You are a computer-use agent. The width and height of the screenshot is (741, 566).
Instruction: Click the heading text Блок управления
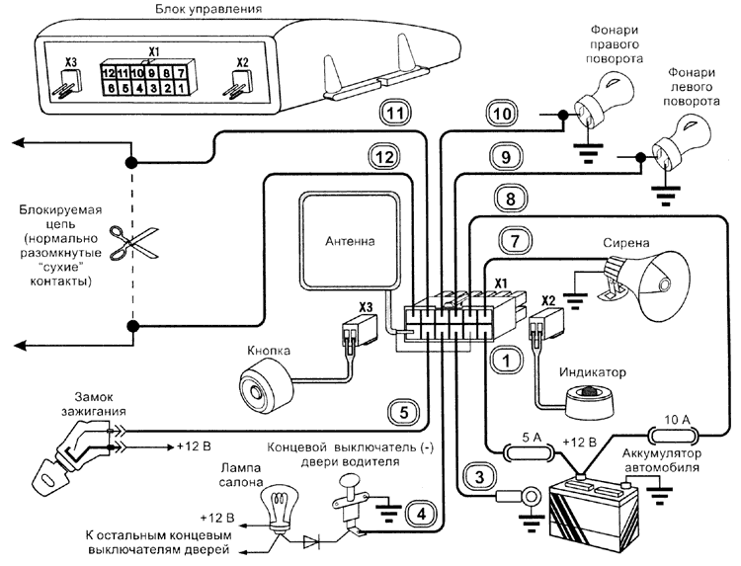(x=208, y=11)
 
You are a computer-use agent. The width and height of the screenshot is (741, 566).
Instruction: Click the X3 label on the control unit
(x=68, y=62)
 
